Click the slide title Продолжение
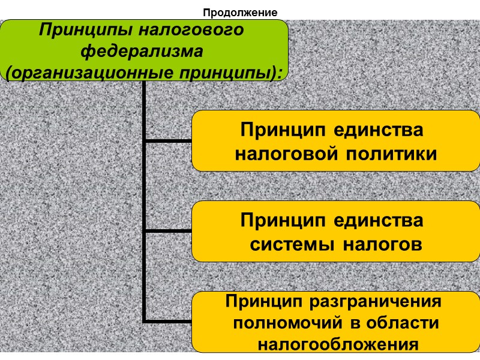pos(240,12)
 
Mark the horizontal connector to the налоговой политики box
pos(169,141)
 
